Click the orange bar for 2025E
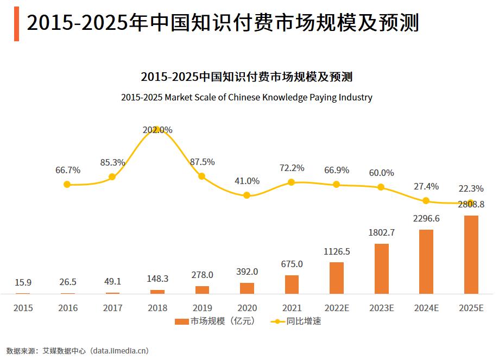[x=471, y=255]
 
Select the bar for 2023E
[x=382, y=269]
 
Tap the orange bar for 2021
[x=292, y=285]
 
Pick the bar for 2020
[x=247, y=288]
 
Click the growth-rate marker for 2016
[x=67, y=185]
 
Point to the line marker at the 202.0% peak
[x=157, y=130]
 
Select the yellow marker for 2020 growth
[x=247, y=195]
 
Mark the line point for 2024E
[x=426, y=200]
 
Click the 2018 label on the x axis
[x=157, y=308]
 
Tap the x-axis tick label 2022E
[x=337, y=308]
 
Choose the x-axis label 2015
[x=23, y=308]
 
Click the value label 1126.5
[x=337, y=251]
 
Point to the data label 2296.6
[x=426, y=218]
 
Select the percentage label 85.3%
[x=112, y=162]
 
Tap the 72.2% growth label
[x=292, y=168]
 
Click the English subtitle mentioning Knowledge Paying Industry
[x=247, y=98]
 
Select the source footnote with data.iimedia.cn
[x=77, y=351]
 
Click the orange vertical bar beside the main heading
[x=16, y=23]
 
